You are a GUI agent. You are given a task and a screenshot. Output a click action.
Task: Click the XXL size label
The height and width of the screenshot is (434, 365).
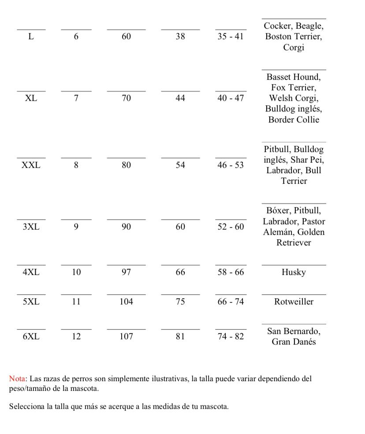[x=31, y=165]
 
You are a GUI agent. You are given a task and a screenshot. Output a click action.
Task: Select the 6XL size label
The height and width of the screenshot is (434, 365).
[x=31, y=337]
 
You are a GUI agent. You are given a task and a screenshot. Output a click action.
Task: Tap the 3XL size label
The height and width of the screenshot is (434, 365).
[x=31, y=227]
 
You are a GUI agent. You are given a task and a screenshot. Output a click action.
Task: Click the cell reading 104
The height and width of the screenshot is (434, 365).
[x=127, y=302]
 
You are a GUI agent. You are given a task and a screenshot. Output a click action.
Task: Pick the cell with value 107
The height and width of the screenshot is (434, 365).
[x=127, y=337]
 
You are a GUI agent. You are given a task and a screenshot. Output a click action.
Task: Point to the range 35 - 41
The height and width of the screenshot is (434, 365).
[x=231, y=37]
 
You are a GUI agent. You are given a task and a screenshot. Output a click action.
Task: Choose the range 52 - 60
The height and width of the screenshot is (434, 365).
[x=231, y=227]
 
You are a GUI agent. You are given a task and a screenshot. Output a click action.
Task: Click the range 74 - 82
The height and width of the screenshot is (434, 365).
[x=231, y=337]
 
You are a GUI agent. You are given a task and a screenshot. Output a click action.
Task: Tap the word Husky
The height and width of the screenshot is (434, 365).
[x=294, y=272]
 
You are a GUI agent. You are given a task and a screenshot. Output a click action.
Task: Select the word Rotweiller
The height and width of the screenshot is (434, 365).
[x=294, y=302]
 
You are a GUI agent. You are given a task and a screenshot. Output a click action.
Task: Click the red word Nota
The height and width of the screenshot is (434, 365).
[x=17, y=379]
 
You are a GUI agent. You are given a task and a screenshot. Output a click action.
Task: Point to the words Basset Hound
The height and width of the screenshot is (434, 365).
[x=294, y=77]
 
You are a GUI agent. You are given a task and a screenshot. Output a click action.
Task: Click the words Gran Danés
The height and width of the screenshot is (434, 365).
[x=294, y=342]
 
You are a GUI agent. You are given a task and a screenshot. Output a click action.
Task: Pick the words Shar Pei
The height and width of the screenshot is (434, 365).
[x=308, y=160]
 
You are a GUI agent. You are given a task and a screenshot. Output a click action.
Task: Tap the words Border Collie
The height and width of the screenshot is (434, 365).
[x=294, y=119]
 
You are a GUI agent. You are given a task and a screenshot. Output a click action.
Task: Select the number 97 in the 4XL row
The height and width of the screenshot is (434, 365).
[x=127, y=272]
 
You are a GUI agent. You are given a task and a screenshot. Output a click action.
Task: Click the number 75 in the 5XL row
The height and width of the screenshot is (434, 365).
[x=180, y=302]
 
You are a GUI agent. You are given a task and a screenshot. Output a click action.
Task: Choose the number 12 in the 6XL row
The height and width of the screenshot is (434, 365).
[x=76, y=337]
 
